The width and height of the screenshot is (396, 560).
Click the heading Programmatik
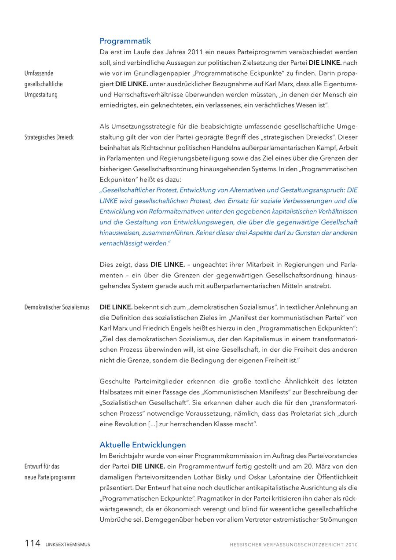pyautogui.click(x=125, y=41)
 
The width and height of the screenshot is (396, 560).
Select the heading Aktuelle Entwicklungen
pyautogui.click(x=143, y=445)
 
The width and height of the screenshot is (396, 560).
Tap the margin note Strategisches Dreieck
pyautogui.click(x=49, y=137)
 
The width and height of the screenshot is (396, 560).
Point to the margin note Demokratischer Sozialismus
pyautogui.click(x=57, y=307)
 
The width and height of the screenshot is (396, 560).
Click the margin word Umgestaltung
pyautogui.click(x=40, y=94)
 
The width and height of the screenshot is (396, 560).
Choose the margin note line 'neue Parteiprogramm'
pyautogui.click(x=50, y=477)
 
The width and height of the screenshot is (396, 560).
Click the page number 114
pyautogui.click(x=32, y=544)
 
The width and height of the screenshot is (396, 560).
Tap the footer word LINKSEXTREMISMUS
pyautogui.click(x=67, y=545)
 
